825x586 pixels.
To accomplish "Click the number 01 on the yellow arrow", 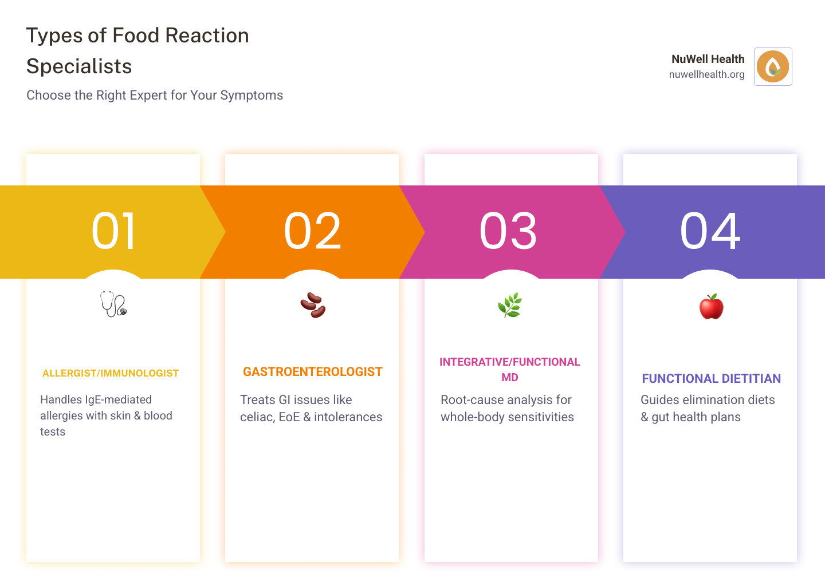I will tap(114, 231).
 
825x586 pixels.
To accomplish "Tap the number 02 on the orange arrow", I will tap(313, 231).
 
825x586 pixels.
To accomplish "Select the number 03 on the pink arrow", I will tap(508, 231).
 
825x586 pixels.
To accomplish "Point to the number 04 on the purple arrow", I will tap(710, 231).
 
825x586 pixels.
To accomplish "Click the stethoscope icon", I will tap(113, 304).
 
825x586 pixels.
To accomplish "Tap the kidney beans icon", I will tap(313, 305).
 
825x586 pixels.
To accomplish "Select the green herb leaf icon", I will tap(510, 305).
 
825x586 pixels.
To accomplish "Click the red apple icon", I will tap(711, 307).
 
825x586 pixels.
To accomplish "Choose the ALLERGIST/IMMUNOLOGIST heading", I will tap(111, 373).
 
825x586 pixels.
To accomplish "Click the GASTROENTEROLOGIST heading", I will tap(313, 372).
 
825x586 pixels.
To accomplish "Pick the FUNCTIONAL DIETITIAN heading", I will tap(711, 378).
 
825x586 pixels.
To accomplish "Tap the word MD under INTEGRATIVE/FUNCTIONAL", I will tap(510, 378).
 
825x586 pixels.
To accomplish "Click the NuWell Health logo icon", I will tap(773, 66).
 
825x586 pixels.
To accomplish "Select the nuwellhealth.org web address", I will tap(706, 74).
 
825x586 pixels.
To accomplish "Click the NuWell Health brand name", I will tap(708, 59).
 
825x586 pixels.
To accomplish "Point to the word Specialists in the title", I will tap(79, 66).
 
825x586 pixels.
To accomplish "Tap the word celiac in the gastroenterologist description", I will tap(257, 417).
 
